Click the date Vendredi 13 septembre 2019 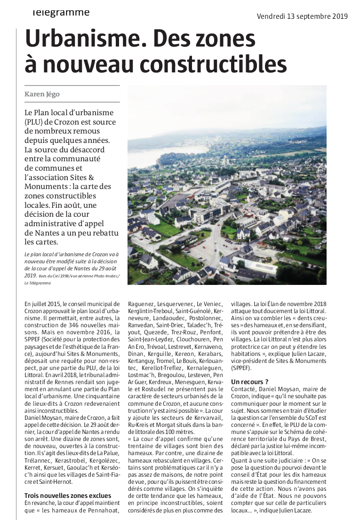[x=302, y=16]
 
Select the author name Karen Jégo [x=43, y=94]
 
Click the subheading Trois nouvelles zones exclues [x=68, y=495]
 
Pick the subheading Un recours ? [x=249, y=381]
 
